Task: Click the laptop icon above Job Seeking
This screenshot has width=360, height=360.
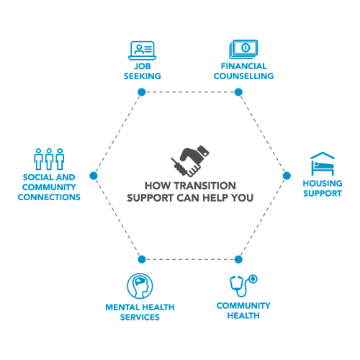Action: (x=143, y=50)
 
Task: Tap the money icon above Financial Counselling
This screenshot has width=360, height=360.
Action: (x=243, y=49)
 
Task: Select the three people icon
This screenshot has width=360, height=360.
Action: (x=49, y=159)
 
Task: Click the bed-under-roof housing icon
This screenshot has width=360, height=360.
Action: (x=323, y=163)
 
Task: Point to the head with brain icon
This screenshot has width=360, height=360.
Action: (x=140, y=286)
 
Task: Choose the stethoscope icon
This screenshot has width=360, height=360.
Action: (x=243, y=286)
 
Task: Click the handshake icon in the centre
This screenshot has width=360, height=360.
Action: (x=190, y=161)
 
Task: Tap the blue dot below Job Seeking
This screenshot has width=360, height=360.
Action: (x=142, y=92)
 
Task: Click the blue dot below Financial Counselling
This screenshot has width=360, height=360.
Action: (x=238, y=92)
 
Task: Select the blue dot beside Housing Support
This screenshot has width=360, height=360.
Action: (x=287, y=176)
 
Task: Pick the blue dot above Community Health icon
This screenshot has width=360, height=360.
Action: (x=238, y=259)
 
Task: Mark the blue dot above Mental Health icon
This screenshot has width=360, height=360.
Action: (x=142, y=259)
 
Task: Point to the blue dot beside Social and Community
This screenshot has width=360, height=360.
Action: (x=94, y=176)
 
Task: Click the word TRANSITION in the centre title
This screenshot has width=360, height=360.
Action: (x=205, y=186)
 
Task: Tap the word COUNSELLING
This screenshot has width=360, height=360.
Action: (x=243, y=76)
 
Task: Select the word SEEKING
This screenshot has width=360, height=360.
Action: (x=143, y=76)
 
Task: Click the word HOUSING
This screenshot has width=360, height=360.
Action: (x=323, y=184)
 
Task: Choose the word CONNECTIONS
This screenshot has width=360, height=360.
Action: (x=49, y=197)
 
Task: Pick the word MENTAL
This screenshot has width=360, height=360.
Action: (x=122, y=307)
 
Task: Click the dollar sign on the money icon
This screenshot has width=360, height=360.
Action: (x=246, y=48)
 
